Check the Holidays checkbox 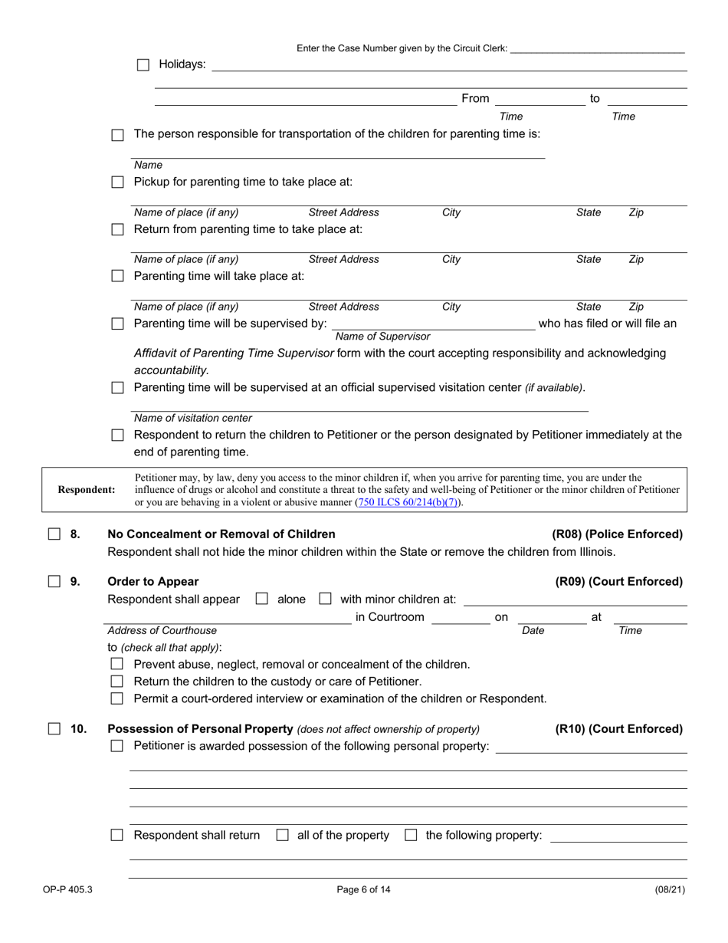143,65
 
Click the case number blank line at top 597,49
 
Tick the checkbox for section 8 54,534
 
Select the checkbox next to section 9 54,582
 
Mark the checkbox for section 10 54,729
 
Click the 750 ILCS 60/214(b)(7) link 409,504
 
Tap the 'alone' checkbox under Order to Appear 261,600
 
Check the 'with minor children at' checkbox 325,600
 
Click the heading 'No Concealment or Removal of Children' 221,534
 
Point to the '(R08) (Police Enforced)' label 617,534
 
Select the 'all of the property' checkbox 282,836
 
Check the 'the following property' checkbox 411,836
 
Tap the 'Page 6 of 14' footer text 363,890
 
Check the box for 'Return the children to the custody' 117,682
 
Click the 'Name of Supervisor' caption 383,337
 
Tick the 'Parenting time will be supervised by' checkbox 117,324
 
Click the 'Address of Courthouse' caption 162,631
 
